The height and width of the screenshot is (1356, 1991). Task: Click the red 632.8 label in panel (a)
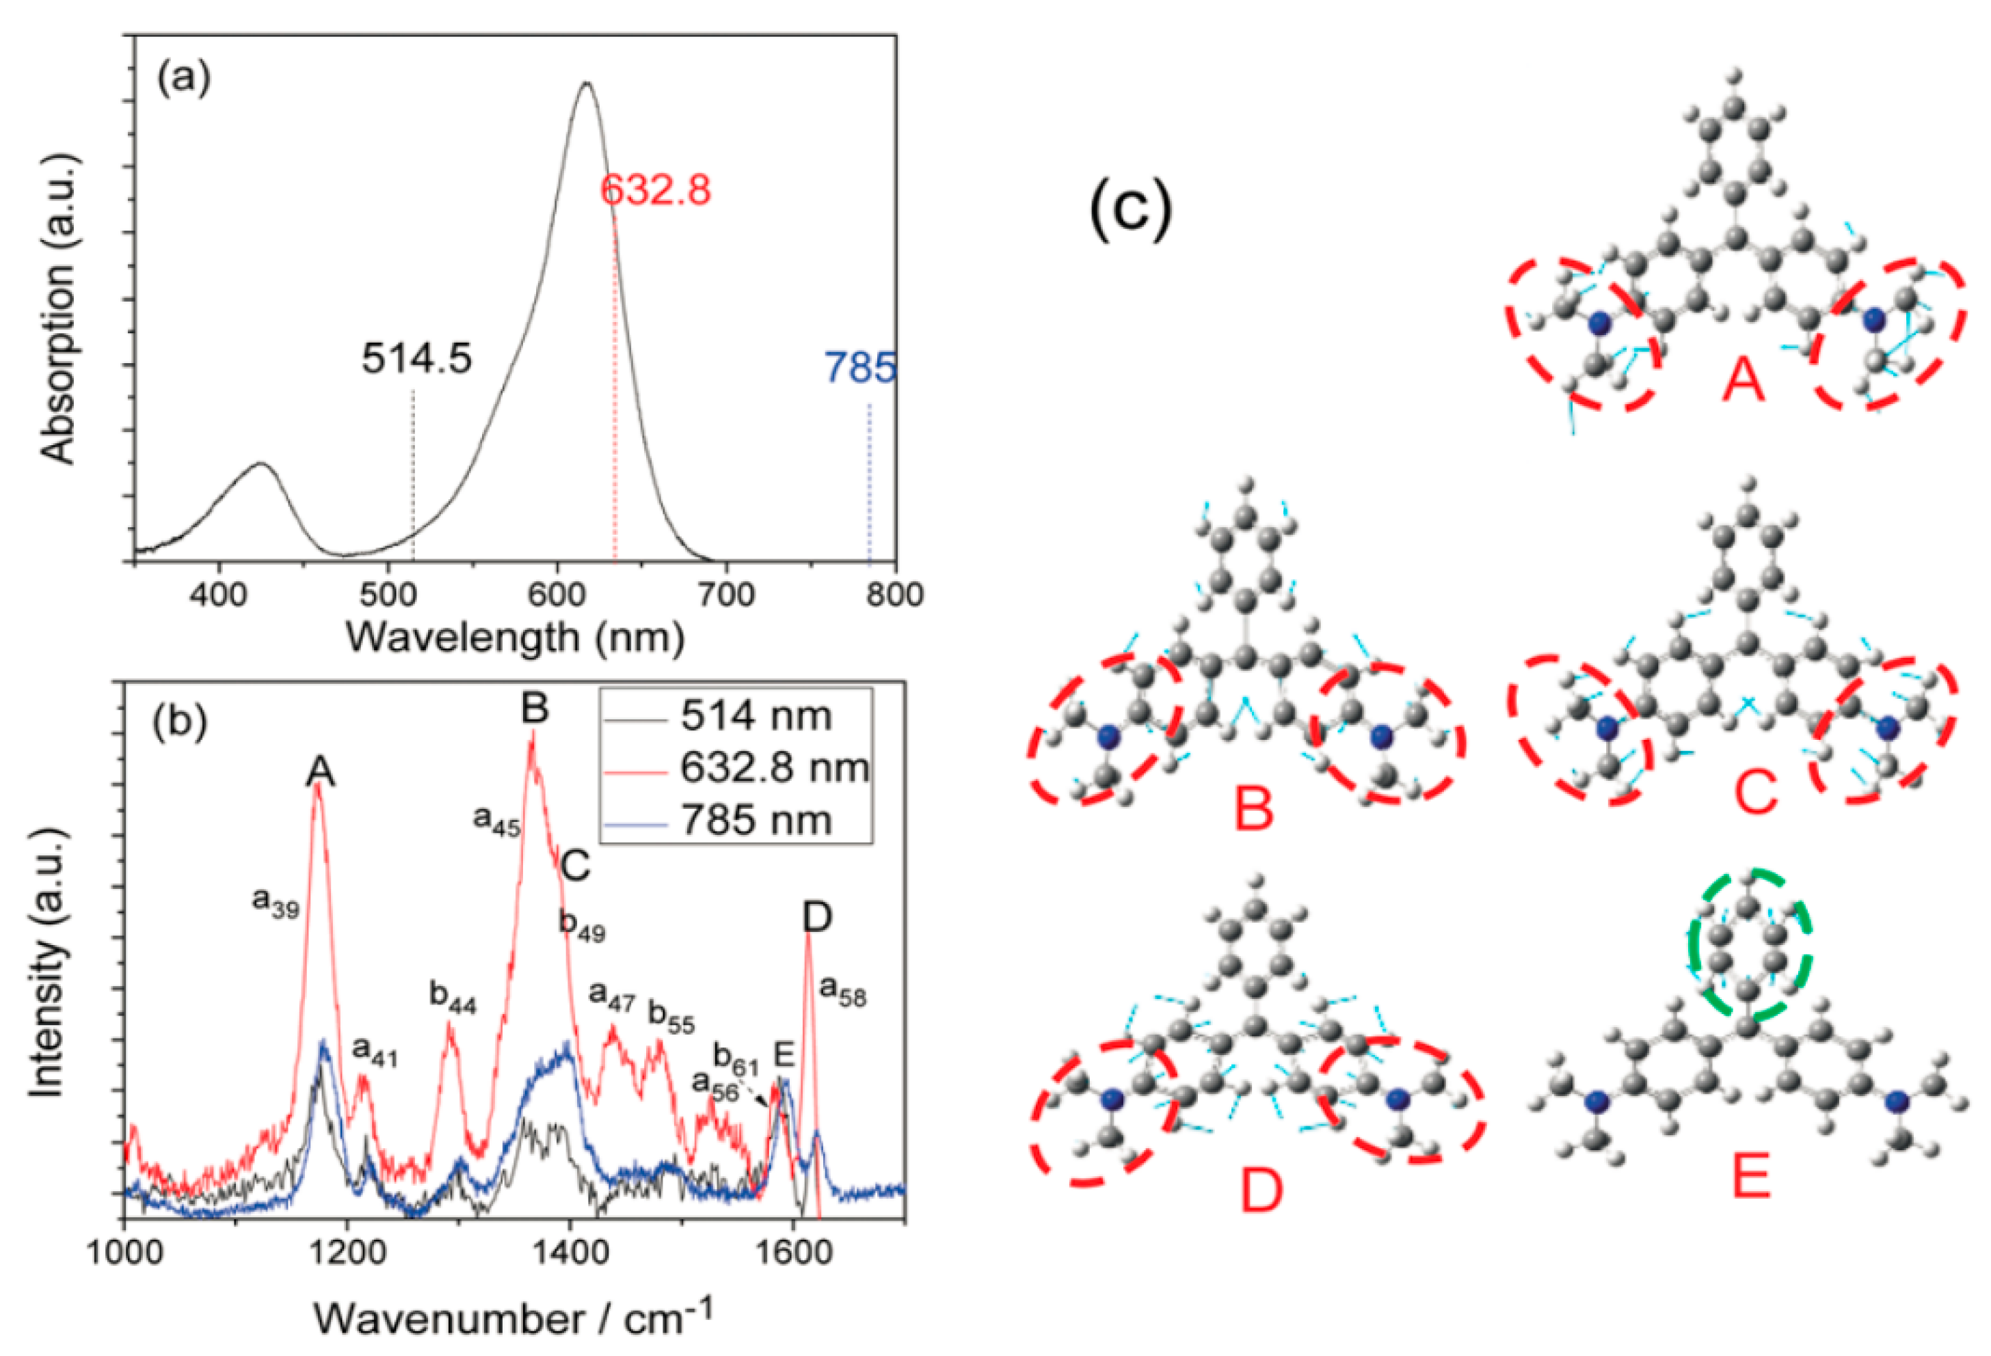656,190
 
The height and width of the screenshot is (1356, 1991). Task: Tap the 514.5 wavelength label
416,359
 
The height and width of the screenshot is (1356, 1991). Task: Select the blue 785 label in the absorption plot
860,369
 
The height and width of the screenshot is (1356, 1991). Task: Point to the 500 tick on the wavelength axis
389,594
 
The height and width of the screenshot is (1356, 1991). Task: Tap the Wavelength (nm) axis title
515,638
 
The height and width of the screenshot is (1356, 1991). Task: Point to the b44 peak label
453,999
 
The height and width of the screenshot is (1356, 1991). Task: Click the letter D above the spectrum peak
817,918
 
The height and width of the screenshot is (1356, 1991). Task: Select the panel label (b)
180,722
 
